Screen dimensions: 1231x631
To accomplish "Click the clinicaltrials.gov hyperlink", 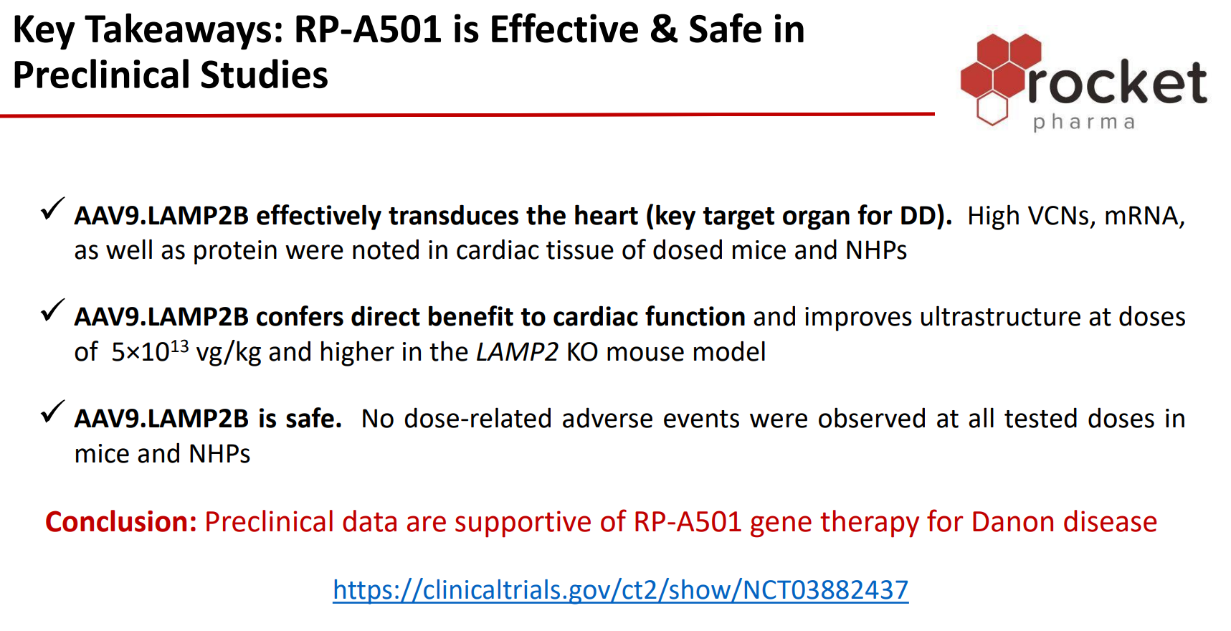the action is (x=620, y=590).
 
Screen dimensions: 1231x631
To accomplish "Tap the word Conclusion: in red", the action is (x=121, y=522).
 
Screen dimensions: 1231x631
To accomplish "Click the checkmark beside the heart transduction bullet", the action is (x=53, y=209).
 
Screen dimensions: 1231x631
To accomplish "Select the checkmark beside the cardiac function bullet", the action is (x=53, y=310).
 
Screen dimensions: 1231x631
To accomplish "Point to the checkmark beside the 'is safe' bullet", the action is (x=53, y=412).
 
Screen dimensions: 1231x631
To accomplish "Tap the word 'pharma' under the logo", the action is (x=1084, y=122).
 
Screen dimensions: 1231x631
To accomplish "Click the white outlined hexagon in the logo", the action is (x=993, y=109).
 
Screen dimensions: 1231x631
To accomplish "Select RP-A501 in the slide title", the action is (x=369, y=30).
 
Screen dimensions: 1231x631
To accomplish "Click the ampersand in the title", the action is (x=663, y=30).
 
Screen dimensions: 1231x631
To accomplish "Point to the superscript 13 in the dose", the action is (x=179, y=346).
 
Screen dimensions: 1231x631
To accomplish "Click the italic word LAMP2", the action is (x=517, y=352).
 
